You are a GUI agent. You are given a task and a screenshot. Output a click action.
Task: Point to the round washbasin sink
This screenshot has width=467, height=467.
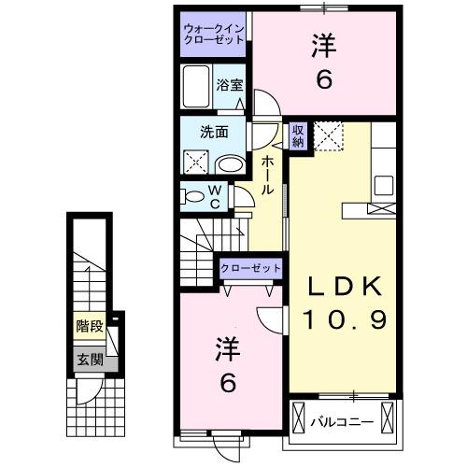(229, 163)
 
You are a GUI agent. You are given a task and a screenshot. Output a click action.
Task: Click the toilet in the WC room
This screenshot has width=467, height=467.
(194, 197)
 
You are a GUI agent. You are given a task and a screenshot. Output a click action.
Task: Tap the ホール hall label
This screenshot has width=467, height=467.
(267, 175)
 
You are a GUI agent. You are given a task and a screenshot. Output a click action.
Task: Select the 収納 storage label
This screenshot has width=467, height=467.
(298, 134)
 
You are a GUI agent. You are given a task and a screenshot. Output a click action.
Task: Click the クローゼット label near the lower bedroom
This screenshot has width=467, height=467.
(250, 269)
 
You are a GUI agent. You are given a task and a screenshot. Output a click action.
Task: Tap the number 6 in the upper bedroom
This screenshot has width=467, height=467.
(323, 81)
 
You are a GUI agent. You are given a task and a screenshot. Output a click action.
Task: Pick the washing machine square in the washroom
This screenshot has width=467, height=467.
(199, 162)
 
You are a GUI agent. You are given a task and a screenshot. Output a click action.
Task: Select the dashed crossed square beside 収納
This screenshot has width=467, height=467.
(329, 136)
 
